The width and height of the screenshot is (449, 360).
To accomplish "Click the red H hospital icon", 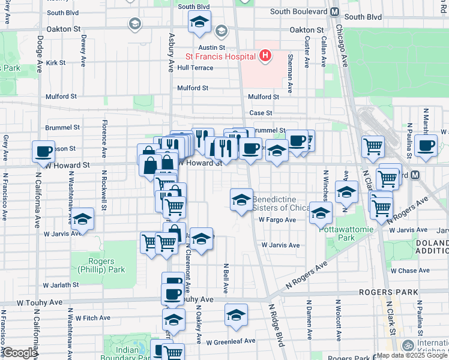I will (x=265, y=56).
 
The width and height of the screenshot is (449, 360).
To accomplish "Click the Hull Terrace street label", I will (x=195, y=68).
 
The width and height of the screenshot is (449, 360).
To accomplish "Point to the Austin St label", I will (x=213, y=47).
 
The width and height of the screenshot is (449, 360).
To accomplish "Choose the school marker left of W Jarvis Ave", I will (x=82, y=220).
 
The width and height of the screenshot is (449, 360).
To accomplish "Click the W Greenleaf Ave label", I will (x=231, y=341).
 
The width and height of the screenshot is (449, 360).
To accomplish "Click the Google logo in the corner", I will (x=20, y=353).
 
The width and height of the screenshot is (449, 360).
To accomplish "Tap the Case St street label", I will (x=261, y=113).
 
